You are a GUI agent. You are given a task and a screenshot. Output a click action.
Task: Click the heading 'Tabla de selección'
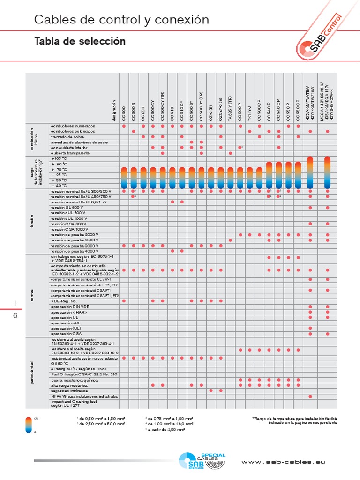(80, 41)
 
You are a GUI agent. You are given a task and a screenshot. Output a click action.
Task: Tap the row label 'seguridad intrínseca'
(69, 390)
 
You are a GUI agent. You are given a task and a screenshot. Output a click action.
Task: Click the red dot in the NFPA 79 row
(310, 396)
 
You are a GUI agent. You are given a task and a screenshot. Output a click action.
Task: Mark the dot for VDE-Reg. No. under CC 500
(124, 301)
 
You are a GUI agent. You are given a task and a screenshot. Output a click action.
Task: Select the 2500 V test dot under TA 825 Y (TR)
(230, 240)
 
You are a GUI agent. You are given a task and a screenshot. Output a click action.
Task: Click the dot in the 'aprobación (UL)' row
(310, 328)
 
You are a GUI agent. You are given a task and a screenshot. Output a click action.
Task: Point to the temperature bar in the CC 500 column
(124, 177)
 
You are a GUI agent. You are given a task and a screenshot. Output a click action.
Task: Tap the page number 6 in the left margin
(15, 315)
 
